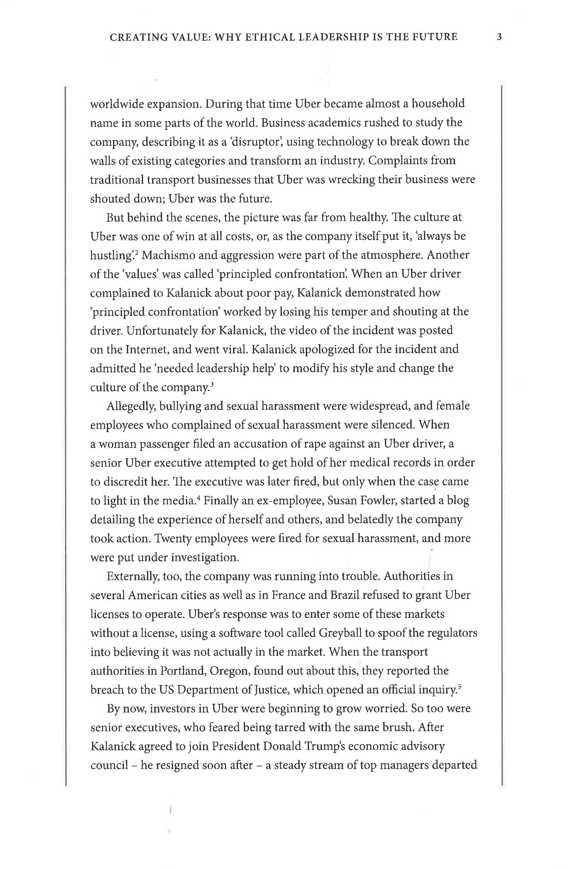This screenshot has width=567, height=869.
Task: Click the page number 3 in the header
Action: click(x=500, y=37)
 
